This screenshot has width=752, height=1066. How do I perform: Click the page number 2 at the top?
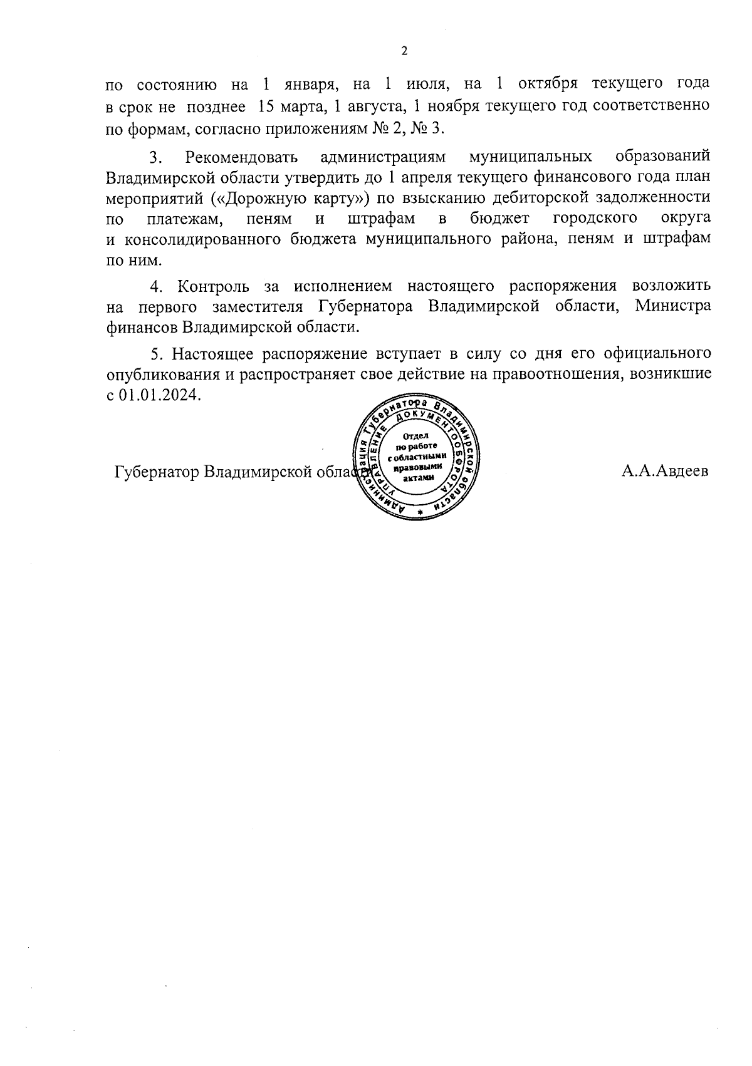(x=404, y=51)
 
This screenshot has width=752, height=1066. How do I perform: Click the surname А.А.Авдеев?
(x=665, y=471)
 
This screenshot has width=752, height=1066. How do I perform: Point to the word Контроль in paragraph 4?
(x=214, y=286)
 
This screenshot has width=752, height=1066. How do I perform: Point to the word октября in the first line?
(x=548, y=84)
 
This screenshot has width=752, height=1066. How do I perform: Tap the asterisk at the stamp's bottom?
(x=420, y=512)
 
